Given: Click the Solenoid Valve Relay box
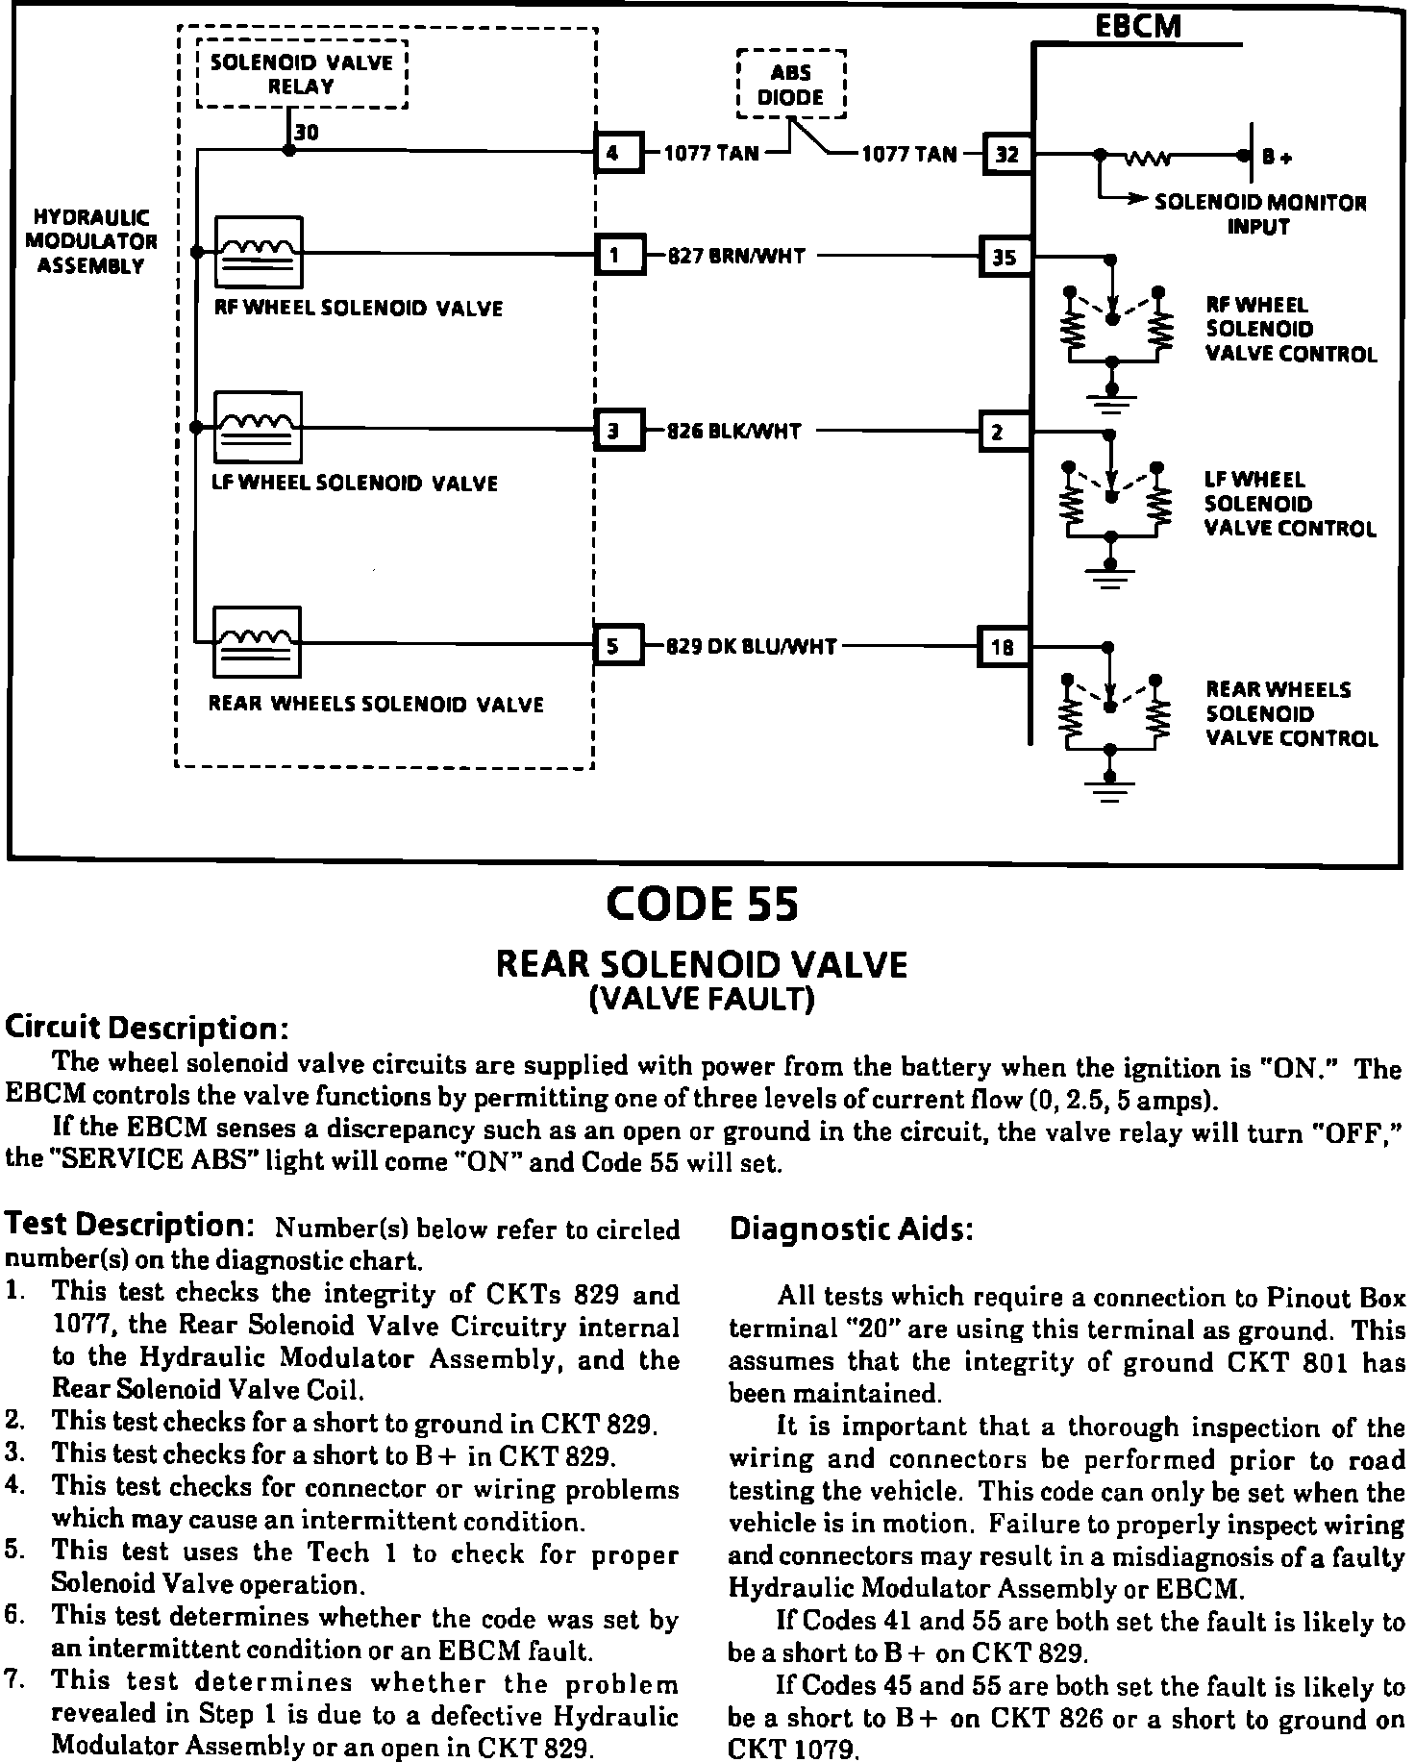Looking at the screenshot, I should point(302,74).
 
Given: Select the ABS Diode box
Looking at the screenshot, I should point(790,85).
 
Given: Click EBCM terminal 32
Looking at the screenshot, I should point(1007,154).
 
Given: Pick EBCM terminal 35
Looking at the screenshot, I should point(1004,257).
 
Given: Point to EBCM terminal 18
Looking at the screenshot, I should point(1002,648).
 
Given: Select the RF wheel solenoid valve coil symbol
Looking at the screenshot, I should point(258,252).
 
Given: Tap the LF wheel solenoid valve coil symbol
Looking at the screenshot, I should point(258,427).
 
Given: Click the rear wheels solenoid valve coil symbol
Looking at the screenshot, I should point(257,642).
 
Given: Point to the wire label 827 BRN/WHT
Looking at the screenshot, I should point(736,257).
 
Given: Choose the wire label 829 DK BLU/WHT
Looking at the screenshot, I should point(752,647).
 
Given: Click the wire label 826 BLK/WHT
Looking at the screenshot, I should point(734,432).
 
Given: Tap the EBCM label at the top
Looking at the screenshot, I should point(1138,26).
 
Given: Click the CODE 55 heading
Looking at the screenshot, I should point(703,904).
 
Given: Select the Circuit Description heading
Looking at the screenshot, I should point(147,1028).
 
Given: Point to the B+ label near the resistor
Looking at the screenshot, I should point(1278,157).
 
